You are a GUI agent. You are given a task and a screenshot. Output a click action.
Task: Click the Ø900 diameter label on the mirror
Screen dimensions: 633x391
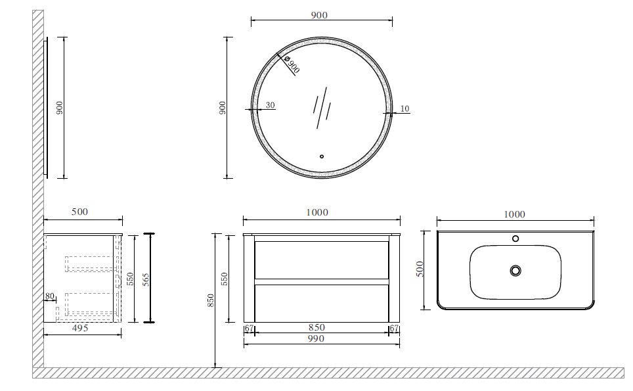tap(292, 64)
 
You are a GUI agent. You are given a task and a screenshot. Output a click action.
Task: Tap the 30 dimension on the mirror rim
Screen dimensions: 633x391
tap(270, 105)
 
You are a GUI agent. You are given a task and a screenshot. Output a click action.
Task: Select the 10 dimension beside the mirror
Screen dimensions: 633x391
tap(404, 108)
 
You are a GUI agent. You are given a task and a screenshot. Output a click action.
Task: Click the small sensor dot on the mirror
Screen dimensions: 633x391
tap(322, 156)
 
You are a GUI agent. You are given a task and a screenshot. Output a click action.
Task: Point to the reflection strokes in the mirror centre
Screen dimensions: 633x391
tap(322, 108)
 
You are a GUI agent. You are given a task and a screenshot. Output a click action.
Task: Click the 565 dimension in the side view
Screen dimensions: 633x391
tap(146, 279)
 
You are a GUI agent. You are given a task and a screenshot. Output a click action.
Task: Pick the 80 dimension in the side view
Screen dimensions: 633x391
tap(49, 296)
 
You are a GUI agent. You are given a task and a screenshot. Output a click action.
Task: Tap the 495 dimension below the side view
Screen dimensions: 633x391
tap(80, 328)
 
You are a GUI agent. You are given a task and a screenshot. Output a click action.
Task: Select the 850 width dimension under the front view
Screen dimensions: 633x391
tap(316, 327)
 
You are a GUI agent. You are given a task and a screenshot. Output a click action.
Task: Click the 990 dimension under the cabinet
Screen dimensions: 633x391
tap(316, 338)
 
